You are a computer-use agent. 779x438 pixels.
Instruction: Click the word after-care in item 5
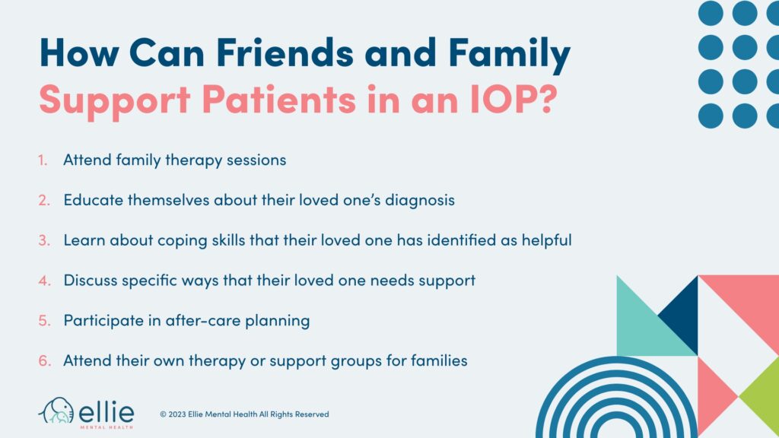[x=202, y=320]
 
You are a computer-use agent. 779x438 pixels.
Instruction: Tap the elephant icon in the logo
[x=56, y=411]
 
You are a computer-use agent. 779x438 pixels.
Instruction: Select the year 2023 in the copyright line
[x=180, y=414]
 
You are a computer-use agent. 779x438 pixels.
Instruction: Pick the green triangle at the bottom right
[x=761, y=395]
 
